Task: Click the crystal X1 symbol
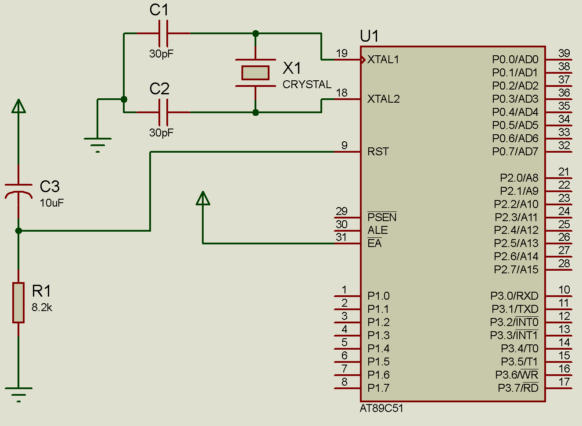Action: coord(255,72)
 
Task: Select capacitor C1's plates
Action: coord(163,33)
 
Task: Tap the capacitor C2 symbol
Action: coord(163,112)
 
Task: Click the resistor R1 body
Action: coord(18,303)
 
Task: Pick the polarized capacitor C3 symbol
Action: coord(18,190)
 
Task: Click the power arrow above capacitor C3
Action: coord(18,106)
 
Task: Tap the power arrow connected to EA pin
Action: coord(203,198)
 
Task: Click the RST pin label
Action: coord(378,152)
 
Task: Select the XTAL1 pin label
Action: coord(383,60)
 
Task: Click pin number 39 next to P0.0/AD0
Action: coord(564,53)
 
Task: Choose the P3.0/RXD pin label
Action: coord(514,296)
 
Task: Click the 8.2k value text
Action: coord(42,308)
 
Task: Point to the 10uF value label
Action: coord(52,203)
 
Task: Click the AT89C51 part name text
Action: coord(381,408)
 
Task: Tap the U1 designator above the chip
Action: coord(369,36)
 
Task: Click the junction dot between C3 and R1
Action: coord(18,230)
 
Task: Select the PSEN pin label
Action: coord(382,217)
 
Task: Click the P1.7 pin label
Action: coord(378,388)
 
